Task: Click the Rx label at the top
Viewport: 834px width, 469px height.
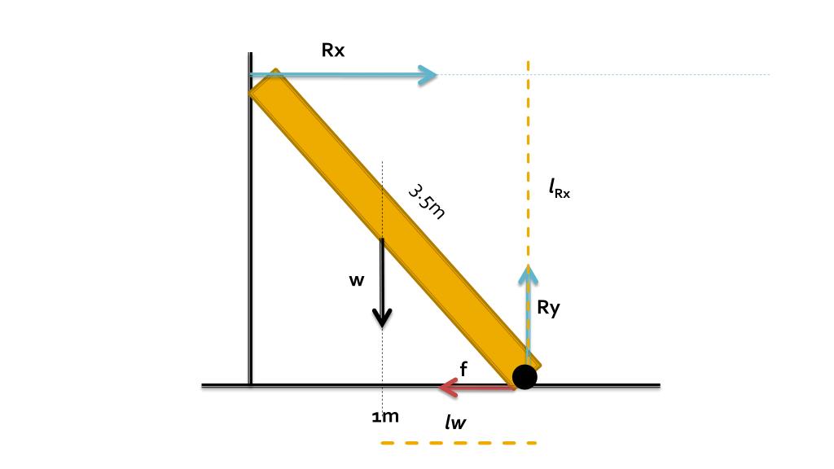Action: (333, 50)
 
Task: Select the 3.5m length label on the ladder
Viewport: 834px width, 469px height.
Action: (426, 200)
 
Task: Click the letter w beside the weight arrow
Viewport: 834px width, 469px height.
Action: (357, 280)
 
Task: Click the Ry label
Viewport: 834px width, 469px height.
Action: (549, 308)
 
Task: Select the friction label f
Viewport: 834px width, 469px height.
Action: (463, 369)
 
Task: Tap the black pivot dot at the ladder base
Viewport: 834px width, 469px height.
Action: (525, 376)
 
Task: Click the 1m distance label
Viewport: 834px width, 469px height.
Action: (385, 417)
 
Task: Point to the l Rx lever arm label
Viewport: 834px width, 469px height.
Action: (560, 191)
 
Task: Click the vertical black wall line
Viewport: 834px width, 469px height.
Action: (250, 244)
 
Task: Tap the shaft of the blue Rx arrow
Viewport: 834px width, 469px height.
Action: (342, 75)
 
